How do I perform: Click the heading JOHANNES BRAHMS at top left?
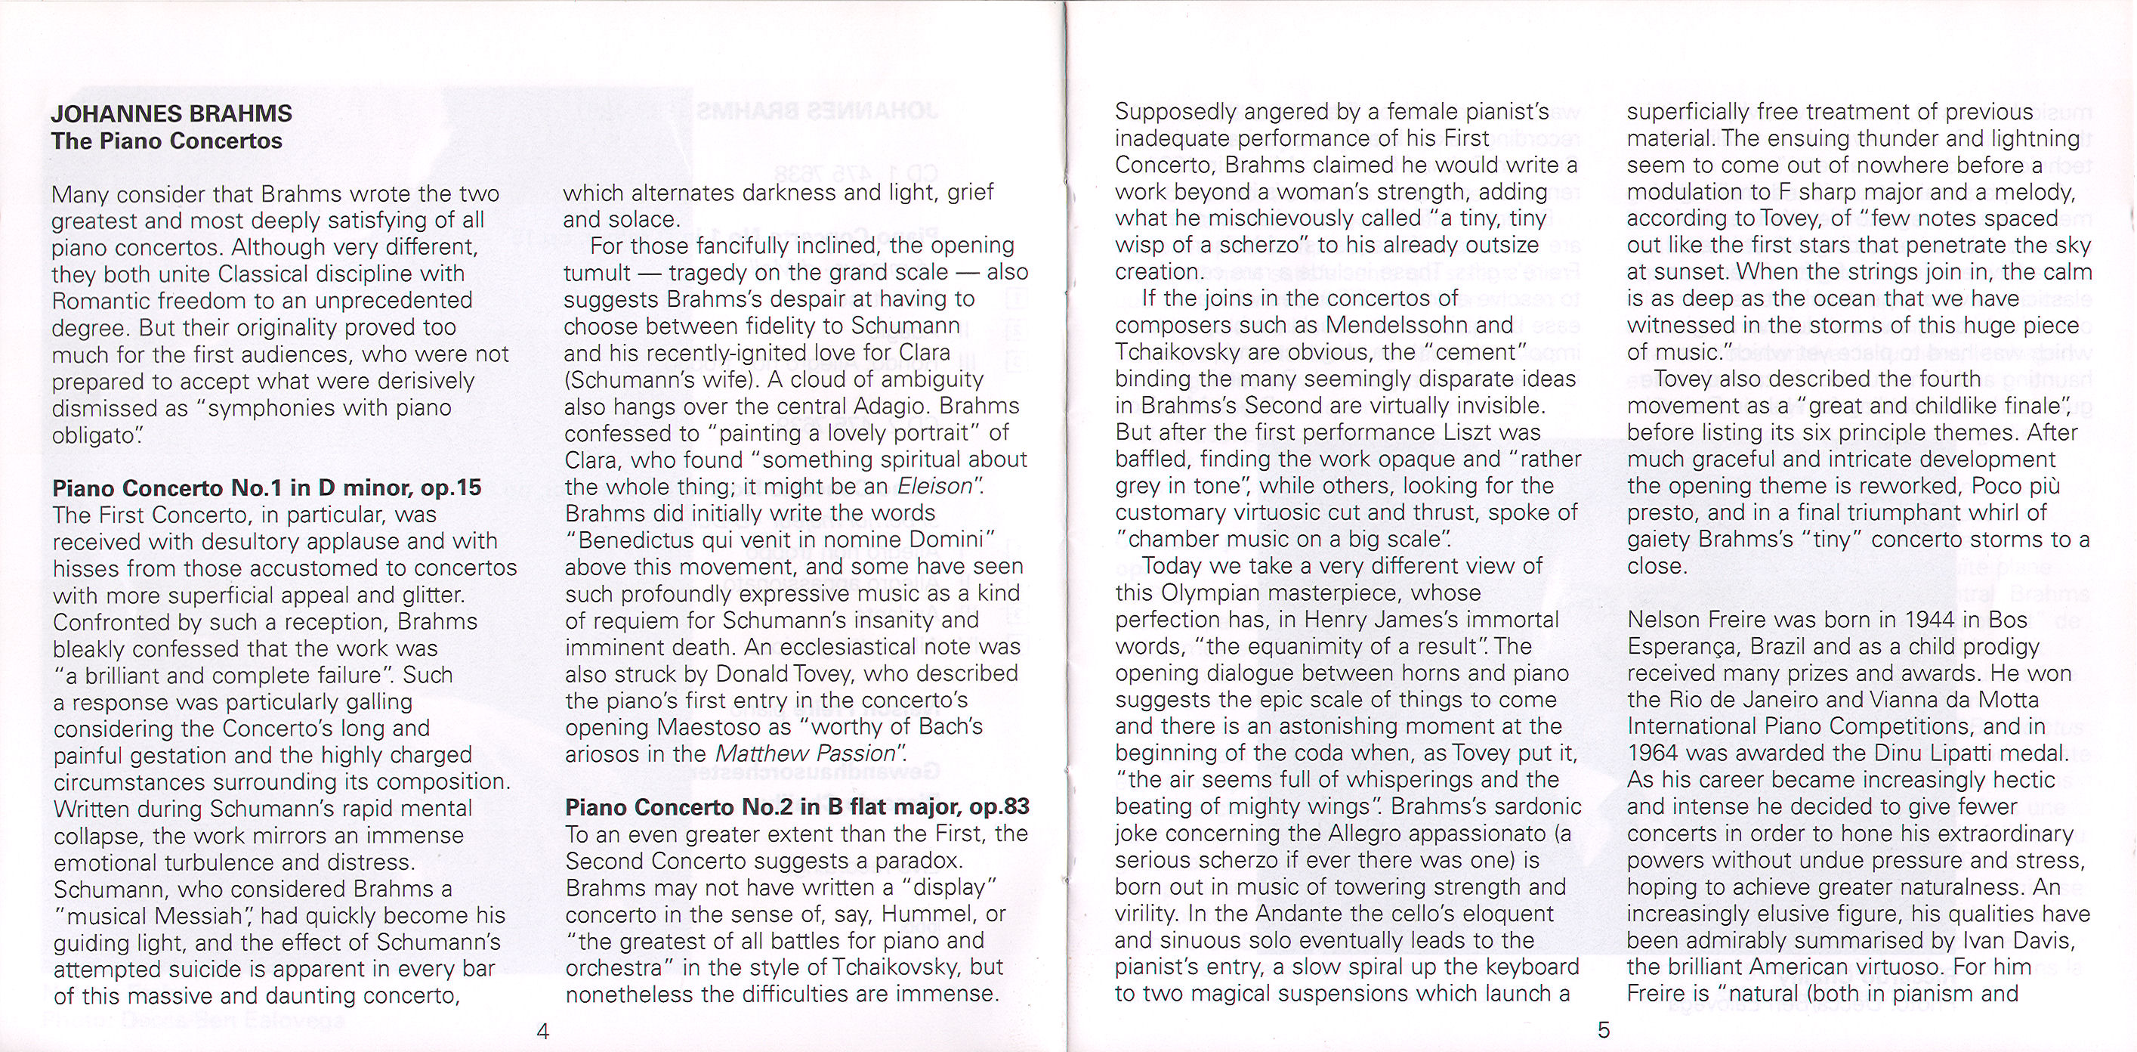tap(171, 113)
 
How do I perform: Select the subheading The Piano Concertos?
tap(167, 141)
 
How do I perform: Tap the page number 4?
tap(543, 1032)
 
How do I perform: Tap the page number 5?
tap(1604, 1029)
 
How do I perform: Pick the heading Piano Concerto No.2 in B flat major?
tap(796, 806)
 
